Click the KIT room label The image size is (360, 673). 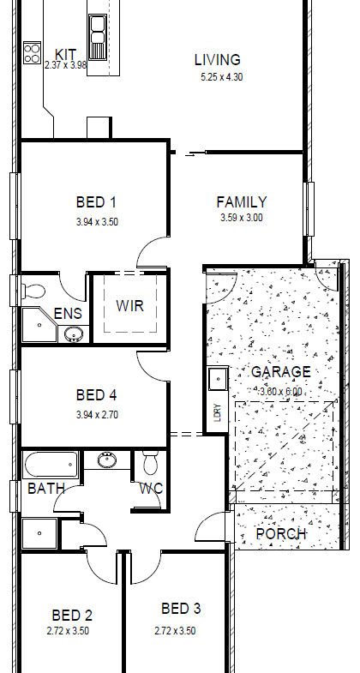click(66, 55)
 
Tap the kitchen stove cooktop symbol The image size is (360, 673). click(33, 53)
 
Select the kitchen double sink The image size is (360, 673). click(98, 38)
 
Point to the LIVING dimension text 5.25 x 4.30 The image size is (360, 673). click(222, 77)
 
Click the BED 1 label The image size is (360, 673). click(97, 201)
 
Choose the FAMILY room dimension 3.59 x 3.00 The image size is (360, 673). click(242, 218)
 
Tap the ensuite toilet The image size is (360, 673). click(33, 291)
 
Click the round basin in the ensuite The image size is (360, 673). click(75, 333)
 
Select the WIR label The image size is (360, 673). click(129, 306)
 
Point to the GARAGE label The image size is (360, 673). click(280, 372)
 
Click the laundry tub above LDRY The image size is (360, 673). click(218, 380)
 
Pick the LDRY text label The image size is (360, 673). click(218, 412)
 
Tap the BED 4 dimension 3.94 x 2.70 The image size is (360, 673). click(97, 415)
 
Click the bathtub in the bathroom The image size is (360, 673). click(51, 465)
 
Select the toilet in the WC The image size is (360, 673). click(150, 463)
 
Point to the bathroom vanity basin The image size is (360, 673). click(106, 460)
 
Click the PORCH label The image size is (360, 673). click(281, 534)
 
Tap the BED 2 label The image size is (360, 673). click(72, 616)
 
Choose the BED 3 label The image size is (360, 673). click(181, 609)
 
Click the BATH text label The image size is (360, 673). click(46, 489)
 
